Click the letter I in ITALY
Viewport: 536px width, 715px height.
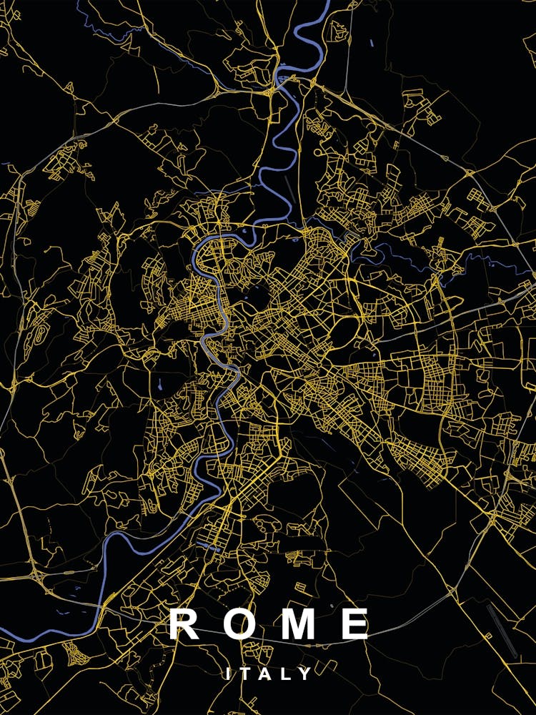point(228,674)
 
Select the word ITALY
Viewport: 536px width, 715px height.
point(267,674)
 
